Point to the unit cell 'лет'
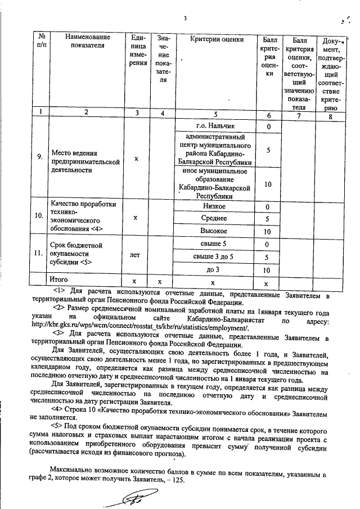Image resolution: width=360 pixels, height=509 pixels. point(134,255)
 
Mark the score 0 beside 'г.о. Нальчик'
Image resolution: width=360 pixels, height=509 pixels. point(269,127)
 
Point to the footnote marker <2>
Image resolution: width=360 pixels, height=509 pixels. point(59,309)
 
